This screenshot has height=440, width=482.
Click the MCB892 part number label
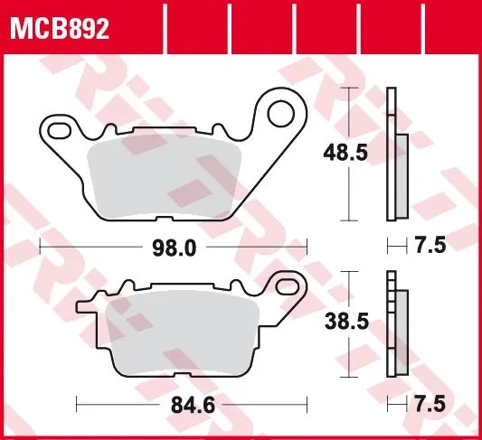(x=60, y=30)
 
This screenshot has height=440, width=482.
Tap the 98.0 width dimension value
(x=172, y=246)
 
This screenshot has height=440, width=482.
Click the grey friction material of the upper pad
(x=167, y=176)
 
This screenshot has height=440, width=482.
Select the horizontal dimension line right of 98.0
(x=253, y=246)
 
